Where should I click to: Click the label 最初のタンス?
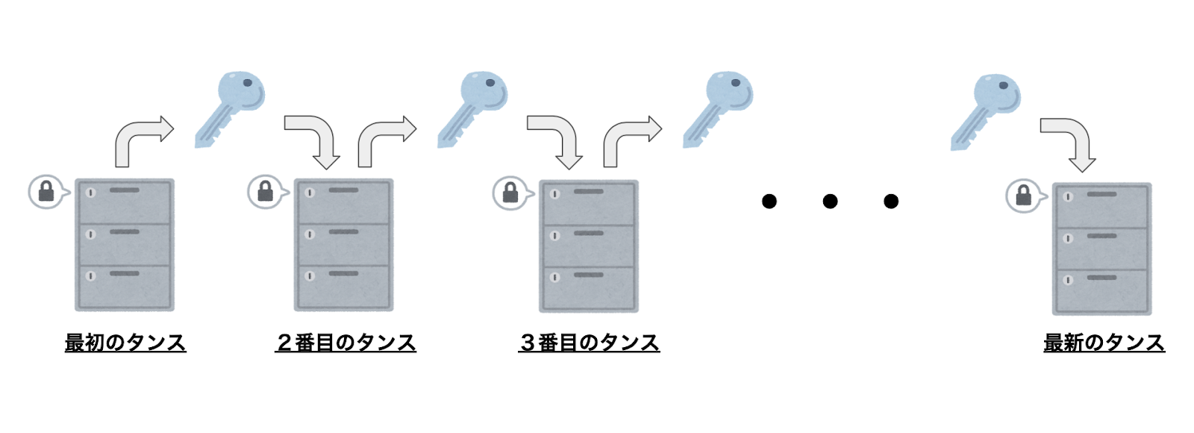(125, 343)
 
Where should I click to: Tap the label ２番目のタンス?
(346, 343)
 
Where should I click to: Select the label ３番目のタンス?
(589, 343)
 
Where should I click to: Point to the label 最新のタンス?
(1104, 343)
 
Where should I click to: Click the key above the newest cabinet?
(986, 112)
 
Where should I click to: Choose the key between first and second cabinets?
(230, 109)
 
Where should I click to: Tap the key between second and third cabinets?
(472, 109)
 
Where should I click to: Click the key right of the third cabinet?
(718, 109)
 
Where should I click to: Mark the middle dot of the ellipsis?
(830, 201)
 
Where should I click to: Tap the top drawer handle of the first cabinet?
(124, 190)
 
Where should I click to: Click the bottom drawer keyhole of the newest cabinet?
(1068, 280)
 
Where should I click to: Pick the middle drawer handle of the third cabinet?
(589, 233)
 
